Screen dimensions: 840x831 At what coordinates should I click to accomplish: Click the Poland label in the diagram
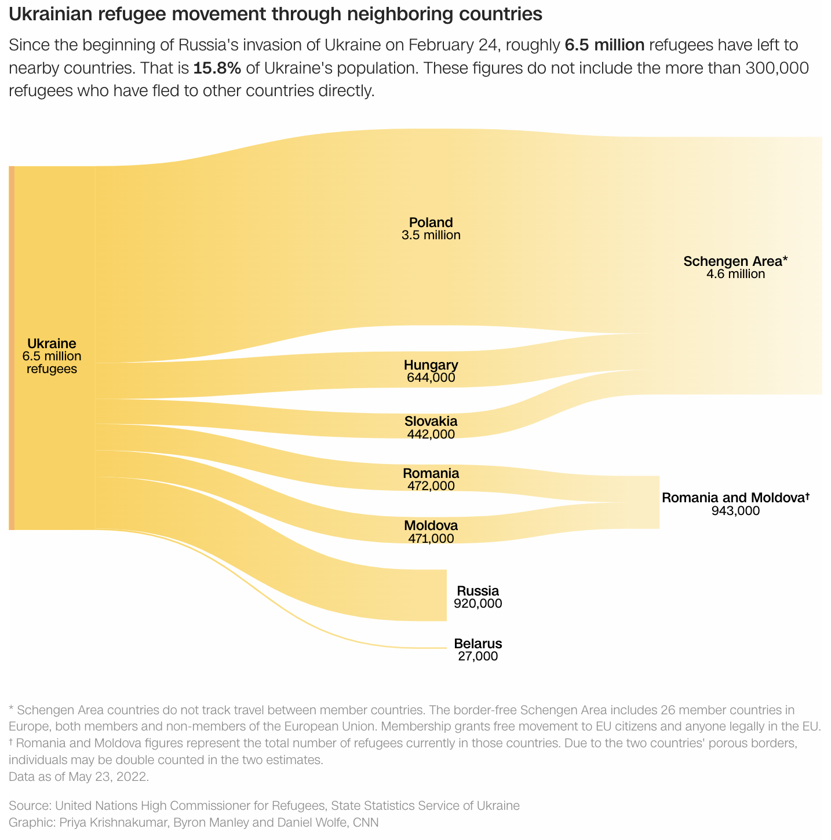(x=431, y=222)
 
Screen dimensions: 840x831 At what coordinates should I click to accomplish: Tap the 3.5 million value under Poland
(x=431, y=235)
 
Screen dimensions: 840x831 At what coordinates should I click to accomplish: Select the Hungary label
(x=431, y=365)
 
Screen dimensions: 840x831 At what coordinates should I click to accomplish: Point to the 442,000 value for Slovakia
(x=431, y=434)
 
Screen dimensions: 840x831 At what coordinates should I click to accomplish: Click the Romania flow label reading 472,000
(x=431, y=486)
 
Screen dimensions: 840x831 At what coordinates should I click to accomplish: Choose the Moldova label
(x=431, y=525)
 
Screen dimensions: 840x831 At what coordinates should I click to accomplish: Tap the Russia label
(x=478, y=591)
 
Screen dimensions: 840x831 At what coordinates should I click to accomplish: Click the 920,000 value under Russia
(x=478, y=604)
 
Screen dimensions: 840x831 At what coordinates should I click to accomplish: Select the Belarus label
(x=478, y=643)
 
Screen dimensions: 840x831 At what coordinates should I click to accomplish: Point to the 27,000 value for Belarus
(x=478, y=656)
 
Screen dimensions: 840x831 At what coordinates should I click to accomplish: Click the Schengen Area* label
(x=735, y=261)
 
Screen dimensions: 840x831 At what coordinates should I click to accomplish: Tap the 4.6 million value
(x=735, y=274)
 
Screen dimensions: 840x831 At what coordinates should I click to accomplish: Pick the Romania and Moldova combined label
(x=735, y=498)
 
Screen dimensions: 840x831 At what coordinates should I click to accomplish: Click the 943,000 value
(x=735, y=510)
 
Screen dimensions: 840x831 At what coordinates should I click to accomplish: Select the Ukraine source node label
(x=52, y=344)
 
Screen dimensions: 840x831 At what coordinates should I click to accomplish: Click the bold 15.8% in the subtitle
(x=217, y=68)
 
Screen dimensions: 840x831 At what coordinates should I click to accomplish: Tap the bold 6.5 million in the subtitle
(x=604, y=45)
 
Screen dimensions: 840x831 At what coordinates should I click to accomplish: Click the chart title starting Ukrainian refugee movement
(x=275, y=14)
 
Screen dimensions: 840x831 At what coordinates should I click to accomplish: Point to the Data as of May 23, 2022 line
(x=79, y=776)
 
